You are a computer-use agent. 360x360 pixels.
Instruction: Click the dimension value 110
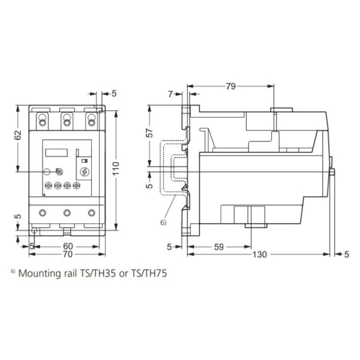[116, 168]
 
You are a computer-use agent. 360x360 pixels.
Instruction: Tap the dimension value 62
[18, 135]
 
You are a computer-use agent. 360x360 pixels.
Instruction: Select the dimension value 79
[231, 86]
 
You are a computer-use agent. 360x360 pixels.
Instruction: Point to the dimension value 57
[149, 133]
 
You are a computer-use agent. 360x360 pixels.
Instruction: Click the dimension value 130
[260, 254]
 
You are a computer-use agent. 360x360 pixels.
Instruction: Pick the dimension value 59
[219, 247]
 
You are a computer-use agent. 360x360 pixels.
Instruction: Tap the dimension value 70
[68, 254]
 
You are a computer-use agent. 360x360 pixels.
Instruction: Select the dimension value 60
[68, 246]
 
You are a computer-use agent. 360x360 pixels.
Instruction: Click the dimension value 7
[170, 94]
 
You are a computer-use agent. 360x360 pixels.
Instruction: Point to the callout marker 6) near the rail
[163, 222]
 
